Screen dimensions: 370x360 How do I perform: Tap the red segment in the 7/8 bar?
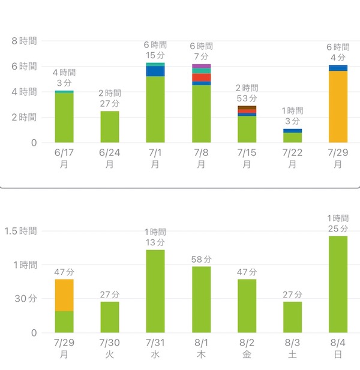[x=201, y=77]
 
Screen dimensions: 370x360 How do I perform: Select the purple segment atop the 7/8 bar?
[x=201, y=66]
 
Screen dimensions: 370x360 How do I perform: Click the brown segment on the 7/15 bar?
[x=247, y=107]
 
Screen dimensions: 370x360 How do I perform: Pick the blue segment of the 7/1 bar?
[x=155, y=71]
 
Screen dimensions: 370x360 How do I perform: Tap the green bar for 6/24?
[x=110, y=127]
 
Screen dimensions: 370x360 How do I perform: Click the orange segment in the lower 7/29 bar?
[x=64, y=295]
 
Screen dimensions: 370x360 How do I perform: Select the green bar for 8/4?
[x=338, y=284]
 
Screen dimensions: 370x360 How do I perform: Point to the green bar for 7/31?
[x=155, y=291]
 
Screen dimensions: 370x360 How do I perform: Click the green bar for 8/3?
[x=292, y=317]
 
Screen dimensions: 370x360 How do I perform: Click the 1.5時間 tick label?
[x=20, y=231]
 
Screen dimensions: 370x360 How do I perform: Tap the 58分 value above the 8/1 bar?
[x=201, y=259]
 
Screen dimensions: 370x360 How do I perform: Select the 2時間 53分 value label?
[x=247, y=93]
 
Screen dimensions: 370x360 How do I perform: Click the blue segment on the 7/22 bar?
[x=292, y=130]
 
